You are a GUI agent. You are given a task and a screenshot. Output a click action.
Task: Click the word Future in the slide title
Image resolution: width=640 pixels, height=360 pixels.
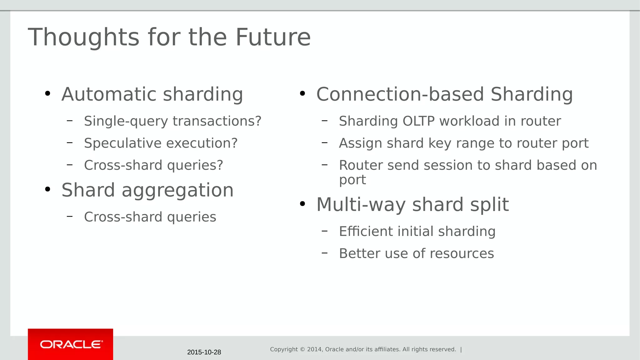point(273,37)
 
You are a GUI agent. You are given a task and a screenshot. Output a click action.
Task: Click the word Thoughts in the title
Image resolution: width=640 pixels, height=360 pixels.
point(83,37)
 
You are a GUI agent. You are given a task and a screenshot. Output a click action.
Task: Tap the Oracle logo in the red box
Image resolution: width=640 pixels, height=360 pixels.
point(71,344)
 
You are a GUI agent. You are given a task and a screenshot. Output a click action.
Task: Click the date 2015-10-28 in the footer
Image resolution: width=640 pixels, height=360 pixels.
point(204,352)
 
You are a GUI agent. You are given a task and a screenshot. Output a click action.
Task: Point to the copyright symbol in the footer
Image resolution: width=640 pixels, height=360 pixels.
point(302,349)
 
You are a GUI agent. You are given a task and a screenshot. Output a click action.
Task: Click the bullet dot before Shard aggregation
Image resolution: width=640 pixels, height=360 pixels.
point(47,189)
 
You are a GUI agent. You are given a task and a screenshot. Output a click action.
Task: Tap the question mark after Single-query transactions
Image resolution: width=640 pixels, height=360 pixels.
point(258,121)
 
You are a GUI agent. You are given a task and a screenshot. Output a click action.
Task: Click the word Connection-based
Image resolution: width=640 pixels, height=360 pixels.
point(400,94)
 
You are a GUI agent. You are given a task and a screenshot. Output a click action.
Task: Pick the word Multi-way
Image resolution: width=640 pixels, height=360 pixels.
point(361,205)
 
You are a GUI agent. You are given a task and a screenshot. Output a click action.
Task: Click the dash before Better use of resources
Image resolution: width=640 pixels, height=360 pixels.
point(324,252)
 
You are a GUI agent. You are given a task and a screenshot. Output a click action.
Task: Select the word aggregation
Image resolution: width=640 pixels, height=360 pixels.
point(177,190)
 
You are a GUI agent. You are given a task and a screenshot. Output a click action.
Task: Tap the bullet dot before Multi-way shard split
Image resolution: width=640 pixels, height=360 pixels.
point(302,204)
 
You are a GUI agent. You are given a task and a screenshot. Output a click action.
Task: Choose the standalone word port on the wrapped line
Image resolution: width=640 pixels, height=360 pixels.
point(352,180)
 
